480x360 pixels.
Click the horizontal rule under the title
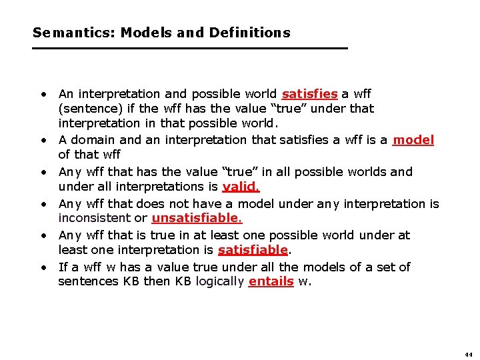point(190,48)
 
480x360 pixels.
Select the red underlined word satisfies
point(310,94)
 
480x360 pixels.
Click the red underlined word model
point(413,140)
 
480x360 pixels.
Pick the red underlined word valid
point(241,187)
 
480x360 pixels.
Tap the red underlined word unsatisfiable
point(197,218)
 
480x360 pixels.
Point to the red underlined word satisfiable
point(253,250)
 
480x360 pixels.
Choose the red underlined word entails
point(271,281)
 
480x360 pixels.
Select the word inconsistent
point(101,218)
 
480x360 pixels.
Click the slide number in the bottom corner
point(469,353)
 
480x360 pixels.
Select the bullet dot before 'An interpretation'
point(42,94)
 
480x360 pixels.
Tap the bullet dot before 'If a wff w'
point(42,267)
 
